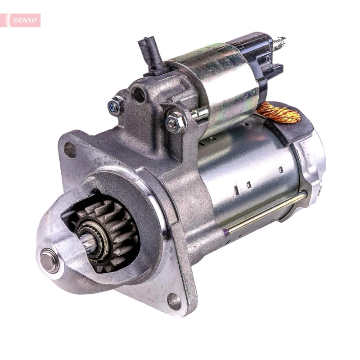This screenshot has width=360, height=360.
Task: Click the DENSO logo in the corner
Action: click(x=25, y=20)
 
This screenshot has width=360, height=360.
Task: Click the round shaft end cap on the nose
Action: click(x=49, y=261)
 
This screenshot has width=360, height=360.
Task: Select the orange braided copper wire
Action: click(x=279, y=112)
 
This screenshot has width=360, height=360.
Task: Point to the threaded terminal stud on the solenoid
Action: click(x=279, y=44)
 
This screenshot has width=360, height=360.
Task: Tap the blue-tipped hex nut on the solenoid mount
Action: click(x=116, y=106)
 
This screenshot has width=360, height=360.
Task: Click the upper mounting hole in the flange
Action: click(x=70, y=150)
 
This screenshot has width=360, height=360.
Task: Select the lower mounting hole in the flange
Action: click(x=174, y=301)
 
